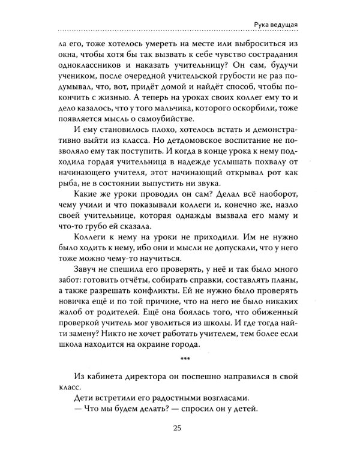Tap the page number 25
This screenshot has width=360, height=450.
pos(181,427)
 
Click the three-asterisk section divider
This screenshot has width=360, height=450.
pos(185,359)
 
